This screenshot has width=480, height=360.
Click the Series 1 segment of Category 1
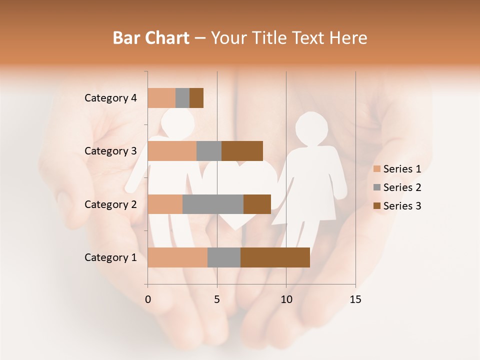point(177,257)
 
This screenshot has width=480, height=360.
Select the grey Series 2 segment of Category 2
point(213,204)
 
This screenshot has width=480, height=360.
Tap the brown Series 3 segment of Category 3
point(242,151)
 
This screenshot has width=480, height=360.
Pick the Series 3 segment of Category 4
point(196,98)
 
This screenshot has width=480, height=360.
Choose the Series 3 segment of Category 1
point(275,257)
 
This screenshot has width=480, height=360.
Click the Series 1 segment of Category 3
point(172,151)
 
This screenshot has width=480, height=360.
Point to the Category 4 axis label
point(110,98)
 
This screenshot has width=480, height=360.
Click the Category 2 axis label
point(110,204)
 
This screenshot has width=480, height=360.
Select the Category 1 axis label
point(110,257)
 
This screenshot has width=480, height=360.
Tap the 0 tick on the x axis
point(148,300)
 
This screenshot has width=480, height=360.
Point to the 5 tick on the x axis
point(217,300)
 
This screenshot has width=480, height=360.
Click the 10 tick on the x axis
point(286,300)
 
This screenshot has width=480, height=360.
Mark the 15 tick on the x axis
point(355,300)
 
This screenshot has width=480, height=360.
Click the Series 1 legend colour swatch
point(377,169)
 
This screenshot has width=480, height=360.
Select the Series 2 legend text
point(402,187)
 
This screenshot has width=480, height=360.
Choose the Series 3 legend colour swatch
point(377,206)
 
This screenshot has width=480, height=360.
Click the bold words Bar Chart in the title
point(151,38)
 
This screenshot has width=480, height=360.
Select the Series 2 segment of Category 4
point(182,98)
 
